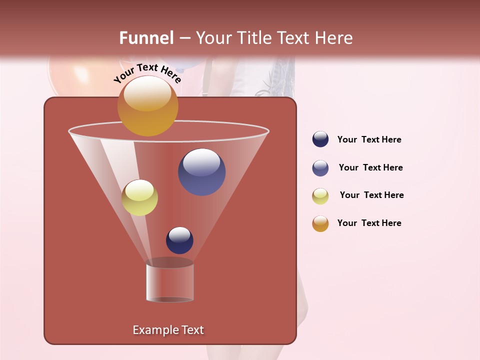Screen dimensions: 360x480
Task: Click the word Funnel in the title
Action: (x=146, y=38)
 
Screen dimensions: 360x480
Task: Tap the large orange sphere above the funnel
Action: (x=147, y=105)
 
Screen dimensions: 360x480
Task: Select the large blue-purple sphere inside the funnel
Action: (x=201, y=172)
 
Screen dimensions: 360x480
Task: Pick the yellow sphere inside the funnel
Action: (x=139, y=197)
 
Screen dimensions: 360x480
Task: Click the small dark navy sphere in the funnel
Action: (x=179, y=240)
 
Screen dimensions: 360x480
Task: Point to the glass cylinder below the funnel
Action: (x=169, y=282)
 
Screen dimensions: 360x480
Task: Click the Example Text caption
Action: (x=168, y=330)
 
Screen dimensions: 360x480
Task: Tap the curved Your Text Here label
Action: (x=147, y=73)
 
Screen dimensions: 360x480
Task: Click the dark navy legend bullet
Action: (x=320, y=139)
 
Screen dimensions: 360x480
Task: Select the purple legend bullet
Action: (x=320, y=168)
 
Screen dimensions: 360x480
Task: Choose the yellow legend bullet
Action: (x=320, y=196)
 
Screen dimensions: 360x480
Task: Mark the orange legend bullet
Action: (x=320, y=223)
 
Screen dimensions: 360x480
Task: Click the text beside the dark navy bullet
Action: (x=369, y=139)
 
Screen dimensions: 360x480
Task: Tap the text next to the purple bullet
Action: (x=370, y=167)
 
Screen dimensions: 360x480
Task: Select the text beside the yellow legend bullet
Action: (x=371, y=195)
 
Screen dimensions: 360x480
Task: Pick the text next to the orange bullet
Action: (x=369, y=223)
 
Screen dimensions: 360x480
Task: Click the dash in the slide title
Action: (x=184, y=38)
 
